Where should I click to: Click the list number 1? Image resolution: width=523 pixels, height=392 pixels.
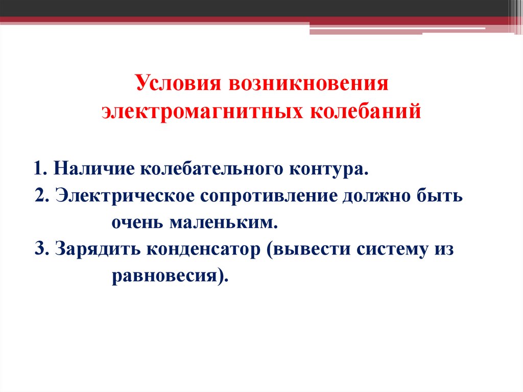[40, 168]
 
